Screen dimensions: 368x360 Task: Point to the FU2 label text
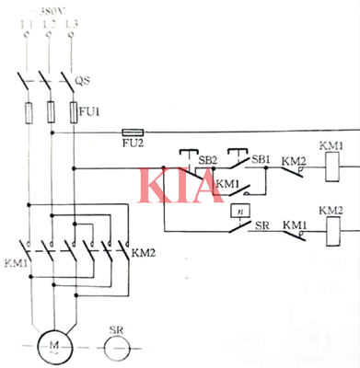pos(132,145)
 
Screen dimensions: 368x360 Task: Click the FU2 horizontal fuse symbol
pos(132,132)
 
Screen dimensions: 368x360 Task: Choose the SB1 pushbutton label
pos(261,158)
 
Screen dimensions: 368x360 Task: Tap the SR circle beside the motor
pos(116,345)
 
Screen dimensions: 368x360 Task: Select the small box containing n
pos(238,211)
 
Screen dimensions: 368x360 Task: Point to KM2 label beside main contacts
pos(144,251)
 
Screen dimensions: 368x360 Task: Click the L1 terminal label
pos(23,19)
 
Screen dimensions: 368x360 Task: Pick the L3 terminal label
pos(72,19)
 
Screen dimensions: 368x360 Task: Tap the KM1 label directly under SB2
pos(227,183)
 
